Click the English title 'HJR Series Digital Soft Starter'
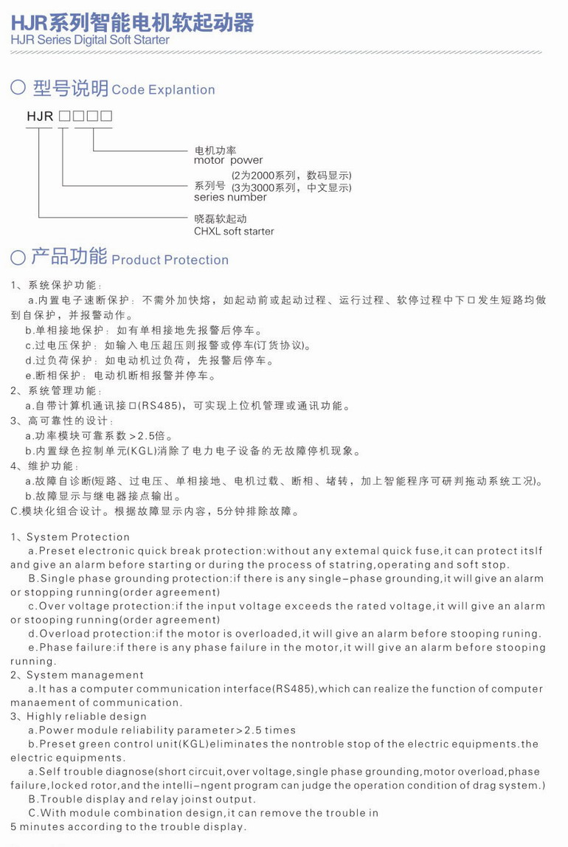tap(90, 40)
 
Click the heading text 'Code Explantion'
tap(163, 90)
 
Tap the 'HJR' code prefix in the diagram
tap(40, 117)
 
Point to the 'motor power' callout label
tap(228, 160)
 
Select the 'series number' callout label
tap(230, 197)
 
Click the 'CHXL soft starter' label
tap(234, 231)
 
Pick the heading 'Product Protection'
tap(170, 260)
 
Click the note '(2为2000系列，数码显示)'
tap(291, 176)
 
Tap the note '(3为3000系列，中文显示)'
tap(291, 187)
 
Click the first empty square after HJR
tap(64, 117)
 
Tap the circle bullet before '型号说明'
tap(18, 89)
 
